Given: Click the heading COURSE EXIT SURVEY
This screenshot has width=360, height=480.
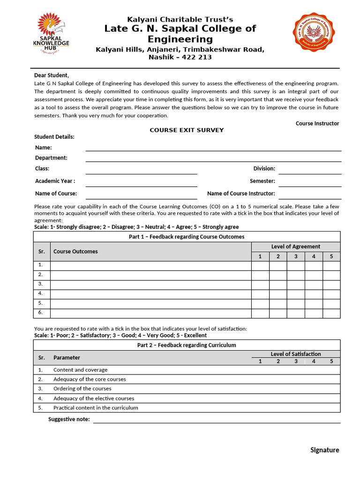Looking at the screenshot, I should pos(187,130).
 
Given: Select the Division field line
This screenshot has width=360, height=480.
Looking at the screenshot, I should pos(310,171).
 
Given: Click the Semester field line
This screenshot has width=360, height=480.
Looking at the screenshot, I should pos(310,184).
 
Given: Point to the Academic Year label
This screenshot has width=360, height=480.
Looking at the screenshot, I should pos(55,181).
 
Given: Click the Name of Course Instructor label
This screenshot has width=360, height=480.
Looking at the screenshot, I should pos(241,193).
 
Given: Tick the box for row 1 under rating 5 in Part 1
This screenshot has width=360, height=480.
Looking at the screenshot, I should pos(331,265).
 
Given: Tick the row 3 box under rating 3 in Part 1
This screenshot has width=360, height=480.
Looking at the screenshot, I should pos(296,285).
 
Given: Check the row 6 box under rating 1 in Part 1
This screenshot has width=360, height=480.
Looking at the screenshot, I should pos(260,313).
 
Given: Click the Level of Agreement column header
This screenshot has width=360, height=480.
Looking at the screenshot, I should pos(296,247).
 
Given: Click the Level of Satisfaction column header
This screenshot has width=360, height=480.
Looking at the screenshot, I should pos(296,354).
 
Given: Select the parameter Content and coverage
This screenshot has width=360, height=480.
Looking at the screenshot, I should pos(80,370).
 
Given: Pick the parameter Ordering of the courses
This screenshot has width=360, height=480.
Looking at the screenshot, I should pos(82,389).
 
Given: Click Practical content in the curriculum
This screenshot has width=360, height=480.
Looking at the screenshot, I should pos(96,407).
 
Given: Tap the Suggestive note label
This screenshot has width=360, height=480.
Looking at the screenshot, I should pos(69,419).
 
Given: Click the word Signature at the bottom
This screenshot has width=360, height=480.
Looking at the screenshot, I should pos(324,450).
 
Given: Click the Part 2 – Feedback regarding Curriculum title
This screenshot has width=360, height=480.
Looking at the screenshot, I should pos(187,345).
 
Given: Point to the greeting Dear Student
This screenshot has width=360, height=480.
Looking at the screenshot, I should pos(52,75).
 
